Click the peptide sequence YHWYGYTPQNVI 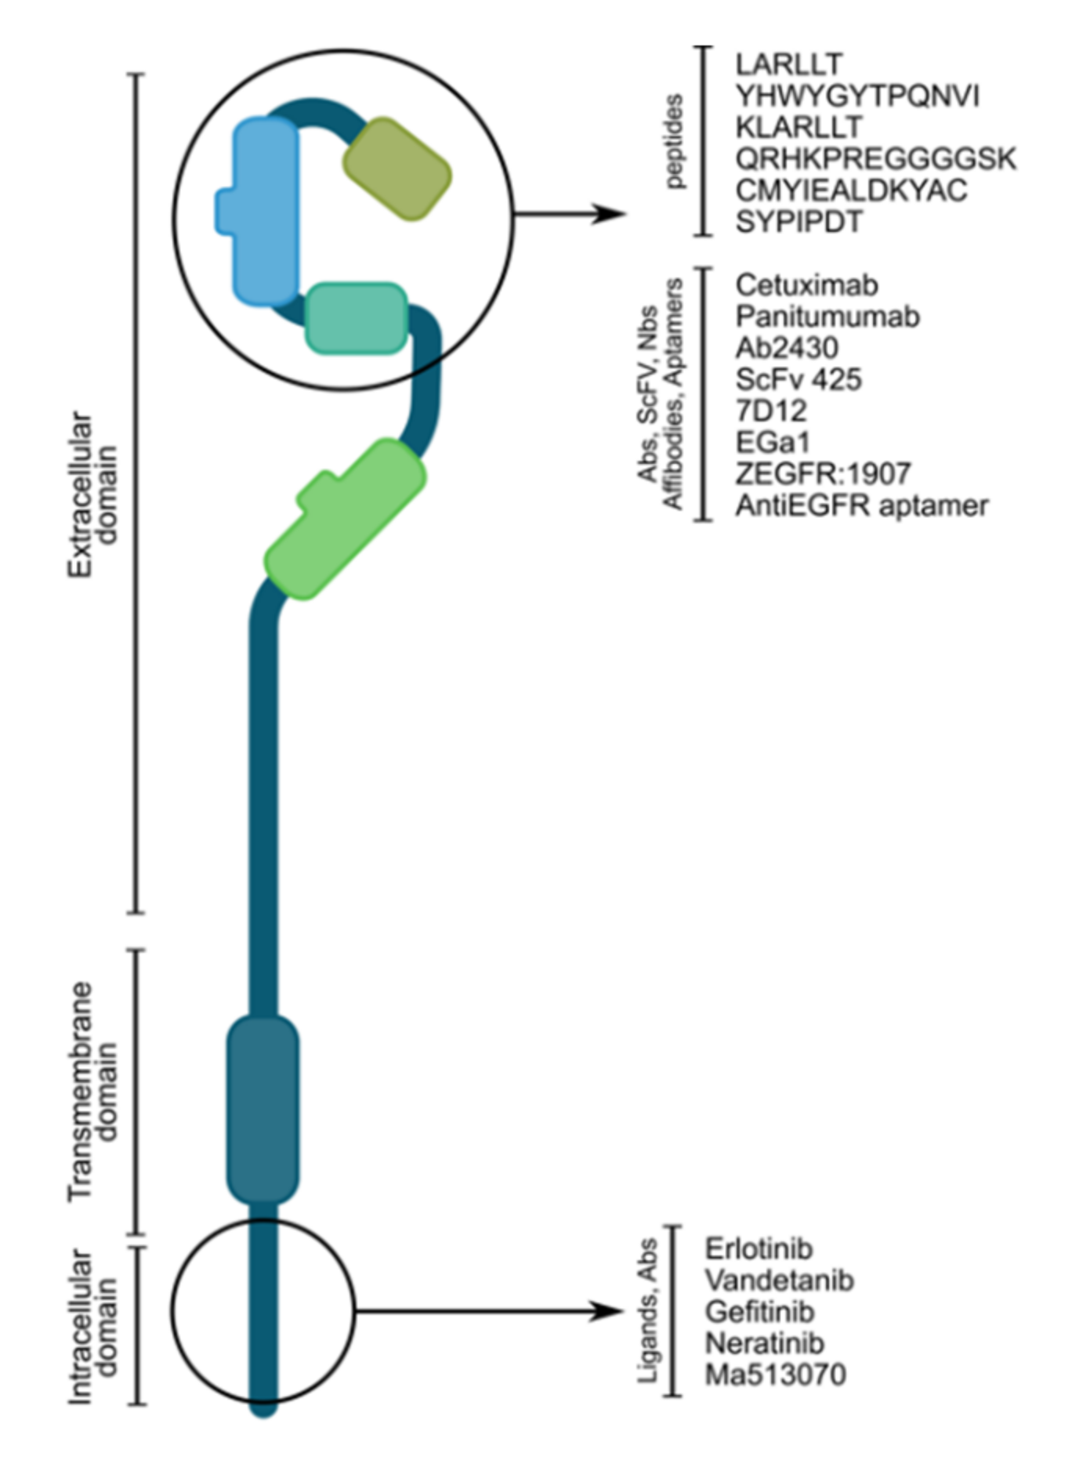pyautogui.click(x=857, y=96)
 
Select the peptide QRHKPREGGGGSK pyautogui.click(x=875, y=159)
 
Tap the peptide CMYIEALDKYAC pyautogui.click(x=851, y=190)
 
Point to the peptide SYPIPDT pyautogui.click(x=799, y=222)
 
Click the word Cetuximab pyautogui.click(x=806, y=285)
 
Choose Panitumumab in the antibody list pyautogui.click(x=828, y=317)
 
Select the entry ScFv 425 pyautogui.click(x=799, y=379)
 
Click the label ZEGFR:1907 pyautogui.click(x=823, y=473)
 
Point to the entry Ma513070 pyautogui.click(x=775, y=1375)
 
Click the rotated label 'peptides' pyautogui.click(x=672, y=141)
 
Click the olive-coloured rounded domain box pyautogui.click(x=397, y=169)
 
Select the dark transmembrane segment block pyautogui.click(x=263, y=1109)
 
